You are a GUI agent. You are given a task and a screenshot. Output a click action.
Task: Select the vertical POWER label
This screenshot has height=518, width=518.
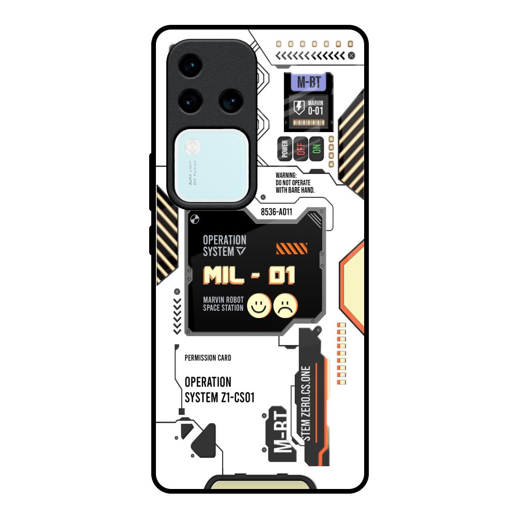pyautogui.click(x=284, y=149)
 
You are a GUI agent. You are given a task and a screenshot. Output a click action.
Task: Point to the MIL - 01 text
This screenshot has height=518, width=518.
pyautogui.click(x=249, y=275)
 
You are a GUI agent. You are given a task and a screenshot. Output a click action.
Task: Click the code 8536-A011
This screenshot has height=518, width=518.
pyautogui.click(x=276, y=212)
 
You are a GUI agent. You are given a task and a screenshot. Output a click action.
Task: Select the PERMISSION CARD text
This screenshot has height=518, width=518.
pyautogui.click(x=208, y=358)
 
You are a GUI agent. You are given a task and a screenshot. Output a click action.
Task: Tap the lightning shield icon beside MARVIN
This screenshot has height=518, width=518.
pyautogui.click(x=299, y=108)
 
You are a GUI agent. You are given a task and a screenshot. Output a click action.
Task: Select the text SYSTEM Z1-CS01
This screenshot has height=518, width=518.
pyautogui.click(x=219, y=397)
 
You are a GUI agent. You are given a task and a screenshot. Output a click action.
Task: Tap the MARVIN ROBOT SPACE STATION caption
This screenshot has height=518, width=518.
pyautogui.click(x=223, y=304)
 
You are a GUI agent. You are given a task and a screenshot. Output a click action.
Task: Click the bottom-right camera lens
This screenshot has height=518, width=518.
pyautogui.click(x=230, y=100)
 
